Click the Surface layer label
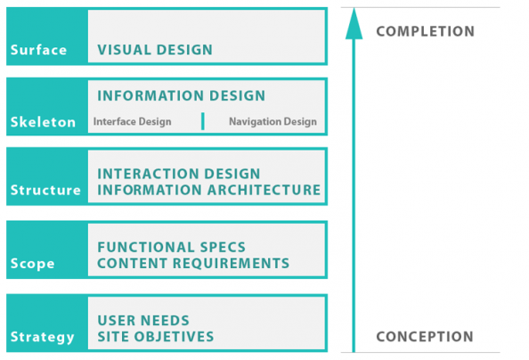[x=38, y=50]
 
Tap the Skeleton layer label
[x=43, y=122]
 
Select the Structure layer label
[x=45, y=190]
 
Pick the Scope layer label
[x=32, y=264]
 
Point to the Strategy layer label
[x=43, y=337]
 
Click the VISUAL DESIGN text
[x=155, y=50]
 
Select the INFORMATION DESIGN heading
[x=182, y=96]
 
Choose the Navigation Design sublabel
[x=272, y=122]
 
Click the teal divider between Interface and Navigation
[x=202, y=121]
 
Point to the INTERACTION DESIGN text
[x=179, y=174]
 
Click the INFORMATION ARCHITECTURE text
[x=208, y=190]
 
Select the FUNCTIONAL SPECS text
[x=172, y=247]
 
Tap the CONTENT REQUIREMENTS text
[x=193, y=263]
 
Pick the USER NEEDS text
[x=143, y=321]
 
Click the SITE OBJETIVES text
[x=156, y=337]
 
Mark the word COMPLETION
[x=426, y=32]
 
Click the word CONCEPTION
[x=425, y=337]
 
